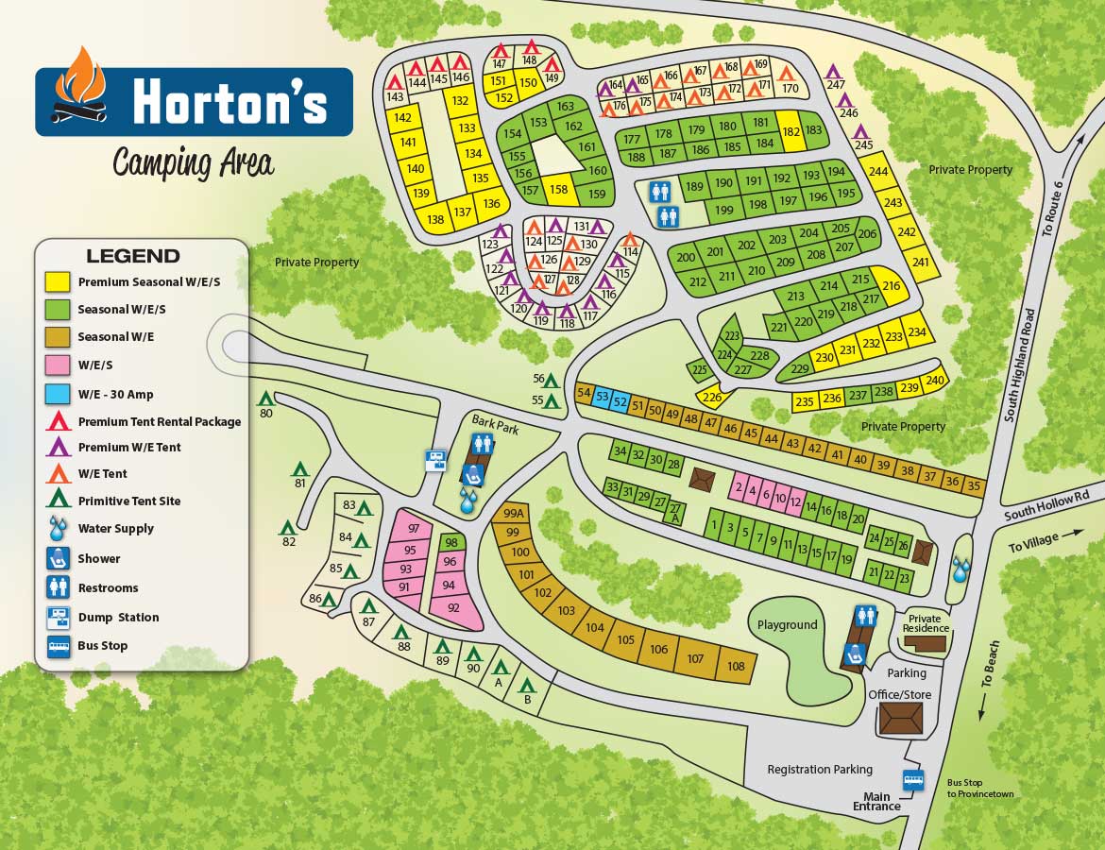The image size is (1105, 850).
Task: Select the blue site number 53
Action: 602,398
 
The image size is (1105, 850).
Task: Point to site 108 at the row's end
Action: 736,667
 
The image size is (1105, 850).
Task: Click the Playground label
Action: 787,625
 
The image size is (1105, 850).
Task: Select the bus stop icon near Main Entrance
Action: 913,781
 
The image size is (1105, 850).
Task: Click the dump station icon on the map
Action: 436,460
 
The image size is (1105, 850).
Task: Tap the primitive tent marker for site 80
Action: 266,399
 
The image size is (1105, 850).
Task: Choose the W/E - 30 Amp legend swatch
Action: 58,395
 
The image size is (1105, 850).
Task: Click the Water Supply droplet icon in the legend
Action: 58,528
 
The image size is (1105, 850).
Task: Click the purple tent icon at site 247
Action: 833,71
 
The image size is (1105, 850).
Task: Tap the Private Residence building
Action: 925,642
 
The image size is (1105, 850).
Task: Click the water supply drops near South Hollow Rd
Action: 961,569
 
